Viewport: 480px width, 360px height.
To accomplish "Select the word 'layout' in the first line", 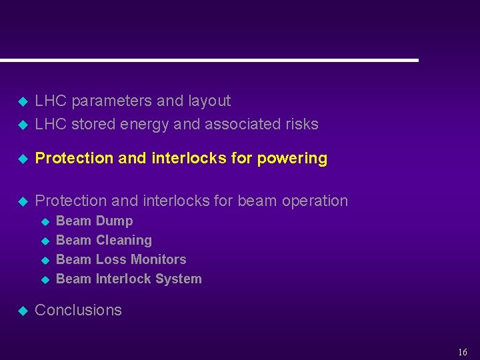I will [209, 101].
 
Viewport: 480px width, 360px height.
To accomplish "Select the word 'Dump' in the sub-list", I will [114, 221].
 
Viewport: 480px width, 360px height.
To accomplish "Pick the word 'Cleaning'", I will [123, 240].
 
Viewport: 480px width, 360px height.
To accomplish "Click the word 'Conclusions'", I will [78, 310].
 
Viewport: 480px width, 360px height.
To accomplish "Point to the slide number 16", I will [463, 352].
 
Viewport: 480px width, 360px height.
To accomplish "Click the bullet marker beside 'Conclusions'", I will [21, 311].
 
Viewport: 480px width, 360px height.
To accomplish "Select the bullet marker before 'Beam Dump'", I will [45, 221].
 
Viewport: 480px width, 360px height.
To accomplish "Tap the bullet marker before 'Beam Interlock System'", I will [45, 279].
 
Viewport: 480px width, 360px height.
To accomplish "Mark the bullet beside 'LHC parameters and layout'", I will [21, 102].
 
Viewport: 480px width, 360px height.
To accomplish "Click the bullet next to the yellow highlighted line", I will [21, 159].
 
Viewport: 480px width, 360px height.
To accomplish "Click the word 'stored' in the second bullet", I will [93, 124].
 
